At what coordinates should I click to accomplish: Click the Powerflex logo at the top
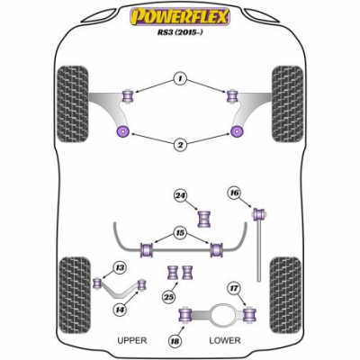[x=180, y=16]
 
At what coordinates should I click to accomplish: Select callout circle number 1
[x=180, y=79]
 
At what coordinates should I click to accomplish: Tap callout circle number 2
[x=180, y=145]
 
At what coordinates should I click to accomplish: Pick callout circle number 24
[x=181, y=196]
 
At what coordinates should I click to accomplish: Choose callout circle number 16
[x=235, y=193]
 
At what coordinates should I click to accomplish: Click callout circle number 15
[x=181, y=233]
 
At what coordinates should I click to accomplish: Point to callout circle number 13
[x=120, y=267]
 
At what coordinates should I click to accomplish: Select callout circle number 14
[x=120, y=309]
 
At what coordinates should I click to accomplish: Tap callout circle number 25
[x=169, y=297]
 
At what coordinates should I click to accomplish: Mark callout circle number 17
[x=235, y=289]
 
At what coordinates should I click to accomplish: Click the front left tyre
[x=73, y=103]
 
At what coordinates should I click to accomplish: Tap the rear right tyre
[x=285, y=295]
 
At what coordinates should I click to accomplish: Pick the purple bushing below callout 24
[x=204, y=219]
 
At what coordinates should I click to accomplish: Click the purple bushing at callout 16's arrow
[x=260, y=214]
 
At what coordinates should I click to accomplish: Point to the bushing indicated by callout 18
[x=185, y=315]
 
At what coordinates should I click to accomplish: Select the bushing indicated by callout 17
[x=249, y=314]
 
